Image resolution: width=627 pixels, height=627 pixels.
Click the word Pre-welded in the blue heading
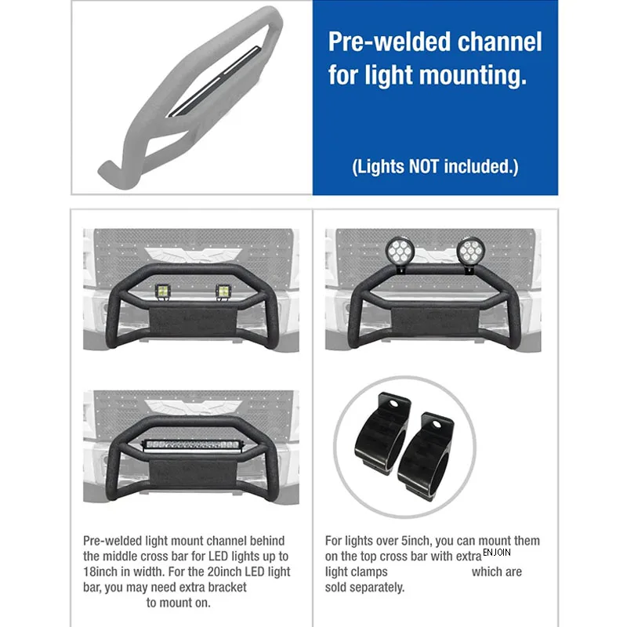pyautogui.click(x=371, y=42)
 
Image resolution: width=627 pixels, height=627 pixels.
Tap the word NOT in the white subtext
pyautogui.click(x=424, y=166)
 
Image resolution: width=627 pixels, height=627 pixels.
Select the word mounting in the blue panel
pyautogui.click(x=469, y=76)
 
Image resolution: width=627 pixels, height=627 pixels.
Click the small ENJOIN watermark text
pyautogui.click(x=497, y=553)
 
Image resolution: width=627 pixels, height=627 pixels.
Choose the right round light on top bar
pyautogui.click(x=469, y=252)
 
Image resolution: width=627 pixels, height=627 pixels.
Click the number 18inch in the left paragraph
pyautogui.click(x=102, y=571)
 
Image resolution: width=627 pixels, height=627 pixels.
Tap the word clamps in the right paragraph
pyautogui.click(x=368, y=572)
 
